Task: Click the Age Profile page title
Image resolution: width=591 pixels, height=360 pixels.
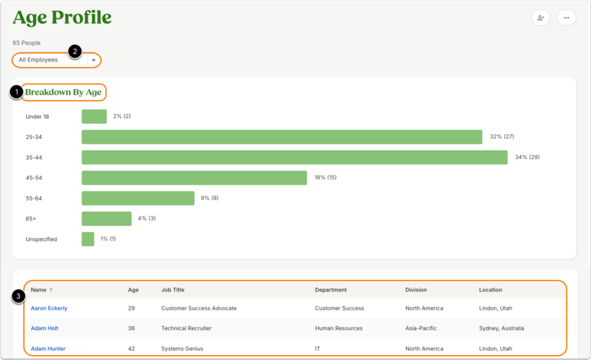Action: point(62,17)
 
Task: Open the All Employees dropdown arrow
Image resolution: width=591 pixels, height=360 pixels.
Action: point(94,60)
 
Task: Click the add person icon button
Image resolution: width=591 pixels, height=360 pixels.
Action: point(541,18)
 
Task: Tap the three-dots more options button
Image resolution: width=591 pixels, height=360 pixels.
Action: point(566,18)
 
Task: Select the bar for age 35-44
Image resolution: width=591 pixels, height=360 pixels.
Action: point(294,157)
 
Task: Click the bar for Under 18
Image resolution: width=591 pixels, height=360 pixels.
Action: point(94,117)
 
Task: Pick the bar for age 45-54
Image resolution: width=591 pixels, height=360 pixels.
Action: point(194,178)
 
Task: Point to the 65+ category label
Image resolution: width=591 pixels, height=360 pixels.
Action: point(31,218)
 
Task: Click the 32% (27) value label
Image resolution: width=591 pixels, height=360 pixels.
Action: point(502,136)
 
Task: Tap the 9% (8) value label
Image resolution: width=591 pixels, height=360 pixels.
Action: point(209,198)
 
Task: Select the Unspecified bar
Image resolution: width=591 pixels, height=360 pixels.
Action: point(88,239)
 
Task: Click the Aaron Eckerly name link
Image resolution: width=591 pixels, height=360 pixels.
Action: point(49,308)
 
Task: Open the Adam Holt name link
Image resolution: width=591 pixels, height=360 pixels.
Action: point(44,328)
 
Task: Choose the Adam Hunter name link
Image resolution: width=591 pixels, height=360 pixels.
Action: point(48,349)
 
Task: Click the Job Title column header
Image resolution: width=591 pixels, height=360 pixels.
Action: point(173,290)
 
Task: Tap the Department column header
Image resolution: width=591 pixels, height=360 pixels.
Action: point(330,290)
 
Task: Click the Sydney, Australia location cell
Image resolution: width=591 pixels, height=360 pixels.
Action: point(501,328)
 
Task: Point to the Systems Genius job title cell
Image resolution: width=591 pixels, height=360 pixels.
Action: point(182,349)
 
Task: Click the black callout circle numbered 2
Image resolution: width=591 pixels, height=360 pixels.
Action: point(75,51)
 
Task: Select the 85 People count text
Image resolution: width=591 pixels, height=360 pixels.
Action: point(26,43)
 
